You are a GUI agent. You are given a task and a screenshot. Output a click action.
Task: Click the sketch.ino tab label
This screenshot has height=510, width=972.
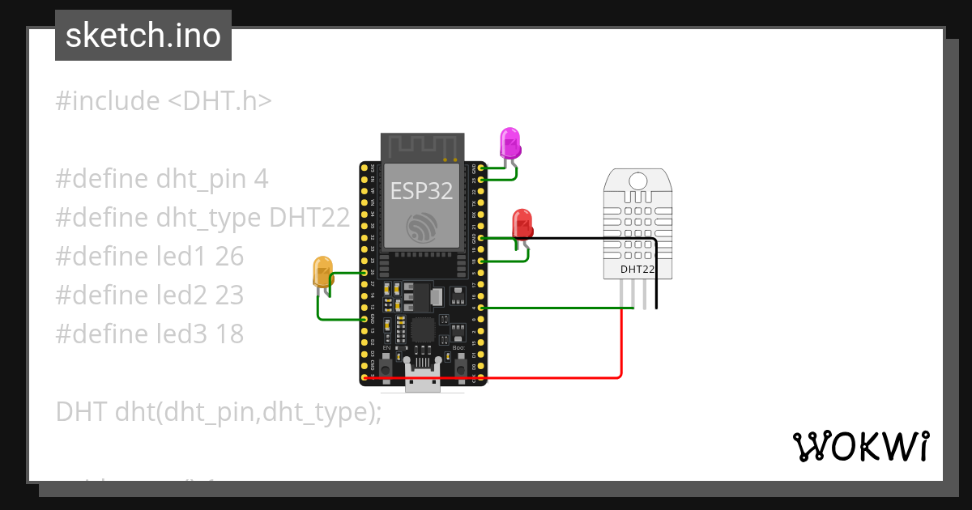(143, 36)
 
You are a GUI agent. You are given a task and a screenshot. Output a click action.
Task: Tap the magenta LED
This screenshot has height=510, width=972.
(509, 143)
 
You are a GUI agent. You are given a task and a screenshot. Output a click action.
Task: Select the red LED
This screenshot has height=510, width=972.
(522, 224)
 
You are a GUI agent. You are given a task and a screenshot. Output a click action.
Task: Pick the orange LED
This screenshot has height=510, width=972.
(322, 271)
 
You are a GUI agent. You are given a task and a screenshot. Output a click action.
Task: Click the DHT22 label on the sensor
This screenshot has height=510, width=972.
(637, 269)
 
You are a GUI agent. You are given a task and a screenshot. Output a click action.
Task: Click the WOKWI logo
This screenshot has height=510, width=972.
(860, 446)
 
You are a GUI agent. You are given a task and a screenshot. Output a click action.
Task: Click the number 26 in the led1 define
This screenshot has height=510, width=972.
(229, 257)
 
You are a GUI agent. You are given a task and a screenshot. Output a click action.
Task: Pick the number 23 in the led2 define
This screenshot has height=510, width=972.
(229, 295)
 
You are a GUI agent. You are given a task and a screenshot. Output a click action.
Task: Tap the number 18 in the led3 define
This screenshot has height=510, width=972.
(229, 334)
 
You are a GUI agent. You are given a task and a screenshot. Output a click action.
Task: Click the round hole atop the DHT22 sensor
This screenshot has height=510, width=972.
(638, 180)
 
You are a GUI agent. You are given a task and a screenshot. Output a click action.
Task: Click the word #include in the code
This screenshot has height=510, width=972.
(108, 101)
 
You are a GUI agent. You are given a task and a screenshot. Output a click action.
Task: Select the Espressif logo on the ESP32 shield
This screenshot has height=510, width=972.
(422, 227)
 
